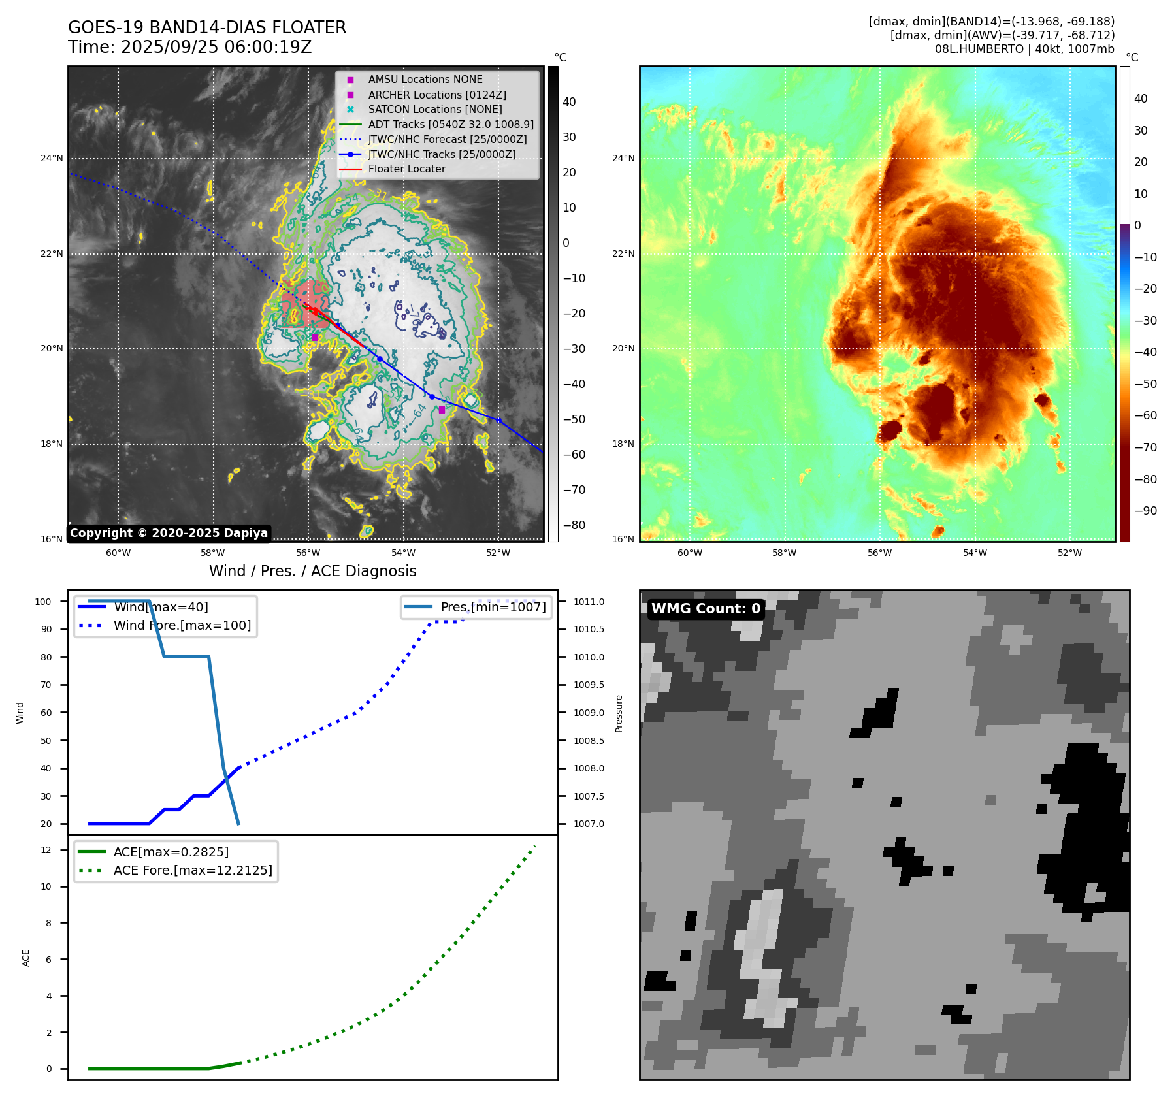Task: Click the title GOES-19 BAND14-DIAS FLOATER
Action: click(207, 27)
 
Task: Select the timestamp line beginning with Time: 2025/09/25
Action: click(189, 47)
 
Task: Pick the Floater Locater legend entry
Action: click(406, 169)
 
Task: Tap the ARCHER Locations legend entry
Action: click(436, 95)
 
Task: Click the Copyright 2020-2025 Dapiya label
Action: click(169, 533)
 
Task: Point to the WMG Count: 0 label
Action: click(706, 609)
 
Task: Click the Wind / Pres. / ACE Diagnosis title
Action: click(312, 571)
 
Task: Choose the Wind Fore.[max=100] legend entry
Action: click(182, 625)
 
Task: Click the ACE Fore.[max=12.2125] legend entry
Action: click(193, 870)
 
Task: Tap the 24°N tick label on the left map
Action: click(52, 158)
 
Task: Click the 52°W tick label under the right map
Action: click(1069, 553)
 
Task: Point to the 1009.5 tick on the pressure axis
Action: click(589, 685)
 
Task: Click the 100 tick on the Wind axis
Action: click(43, 602)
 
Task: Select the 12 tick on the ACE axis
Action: click(46, 850)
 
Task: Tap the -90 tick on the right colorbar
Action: click(1145, 511)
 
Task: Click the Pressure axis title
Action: click(619, 713)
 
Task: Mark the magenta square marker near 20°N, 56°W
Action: click(315, 337)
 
